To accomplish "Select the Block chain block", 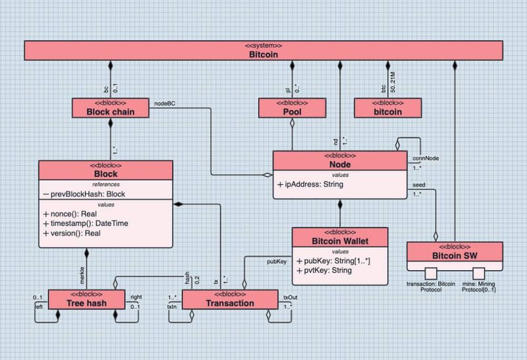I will tap(111, 112).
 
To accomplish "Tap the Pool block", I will tap(291, 112).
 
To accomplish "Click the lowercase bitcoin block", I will tap(387, 112).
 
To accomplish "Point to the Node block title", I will tap(340, 164).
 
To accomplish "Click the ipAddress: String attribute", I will tap(310, 185).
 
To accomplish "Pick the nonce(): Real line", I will tap(72, 214).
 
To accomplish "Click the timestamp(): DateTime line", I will tap(86, 224).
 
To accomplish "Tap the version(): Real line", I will tap(74, 233).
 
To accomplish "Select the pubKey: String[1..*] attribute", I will tap(333, 260).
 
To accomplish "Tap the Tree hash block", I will tap(86, 303).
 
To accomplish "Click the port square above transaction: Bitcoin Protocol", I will tap(431, 272).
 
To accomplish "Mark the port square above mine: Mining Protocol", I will tap(479, 272).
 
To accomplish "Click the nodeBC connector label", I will tap(164, 103).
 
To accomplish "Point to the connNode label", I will tap(426, 159).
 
